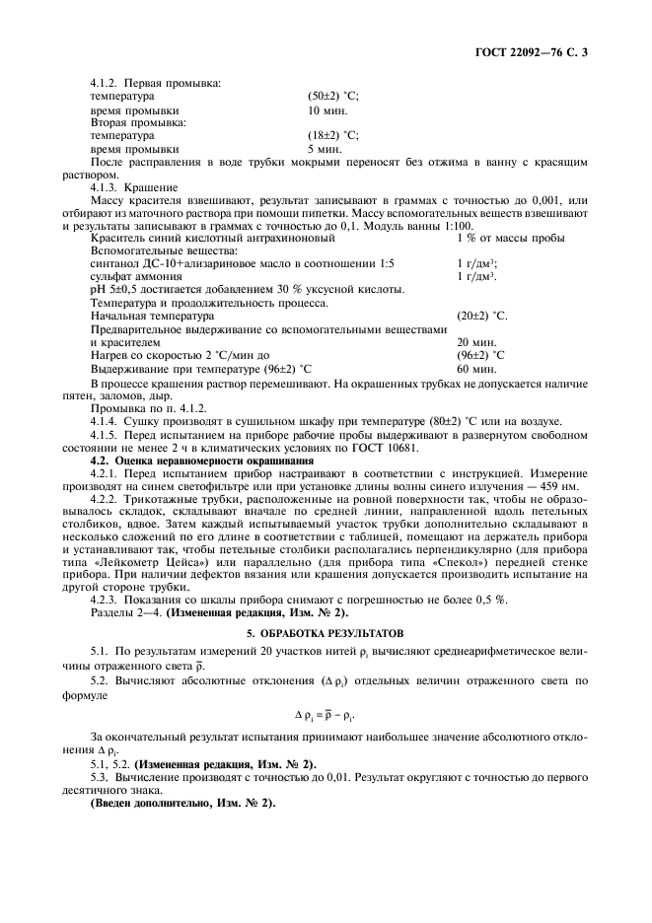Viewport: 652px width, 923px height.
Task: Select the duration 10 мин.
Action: pos(326,111)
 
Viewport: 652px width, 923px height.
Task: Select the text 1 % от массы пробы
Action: pos(511,238)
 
